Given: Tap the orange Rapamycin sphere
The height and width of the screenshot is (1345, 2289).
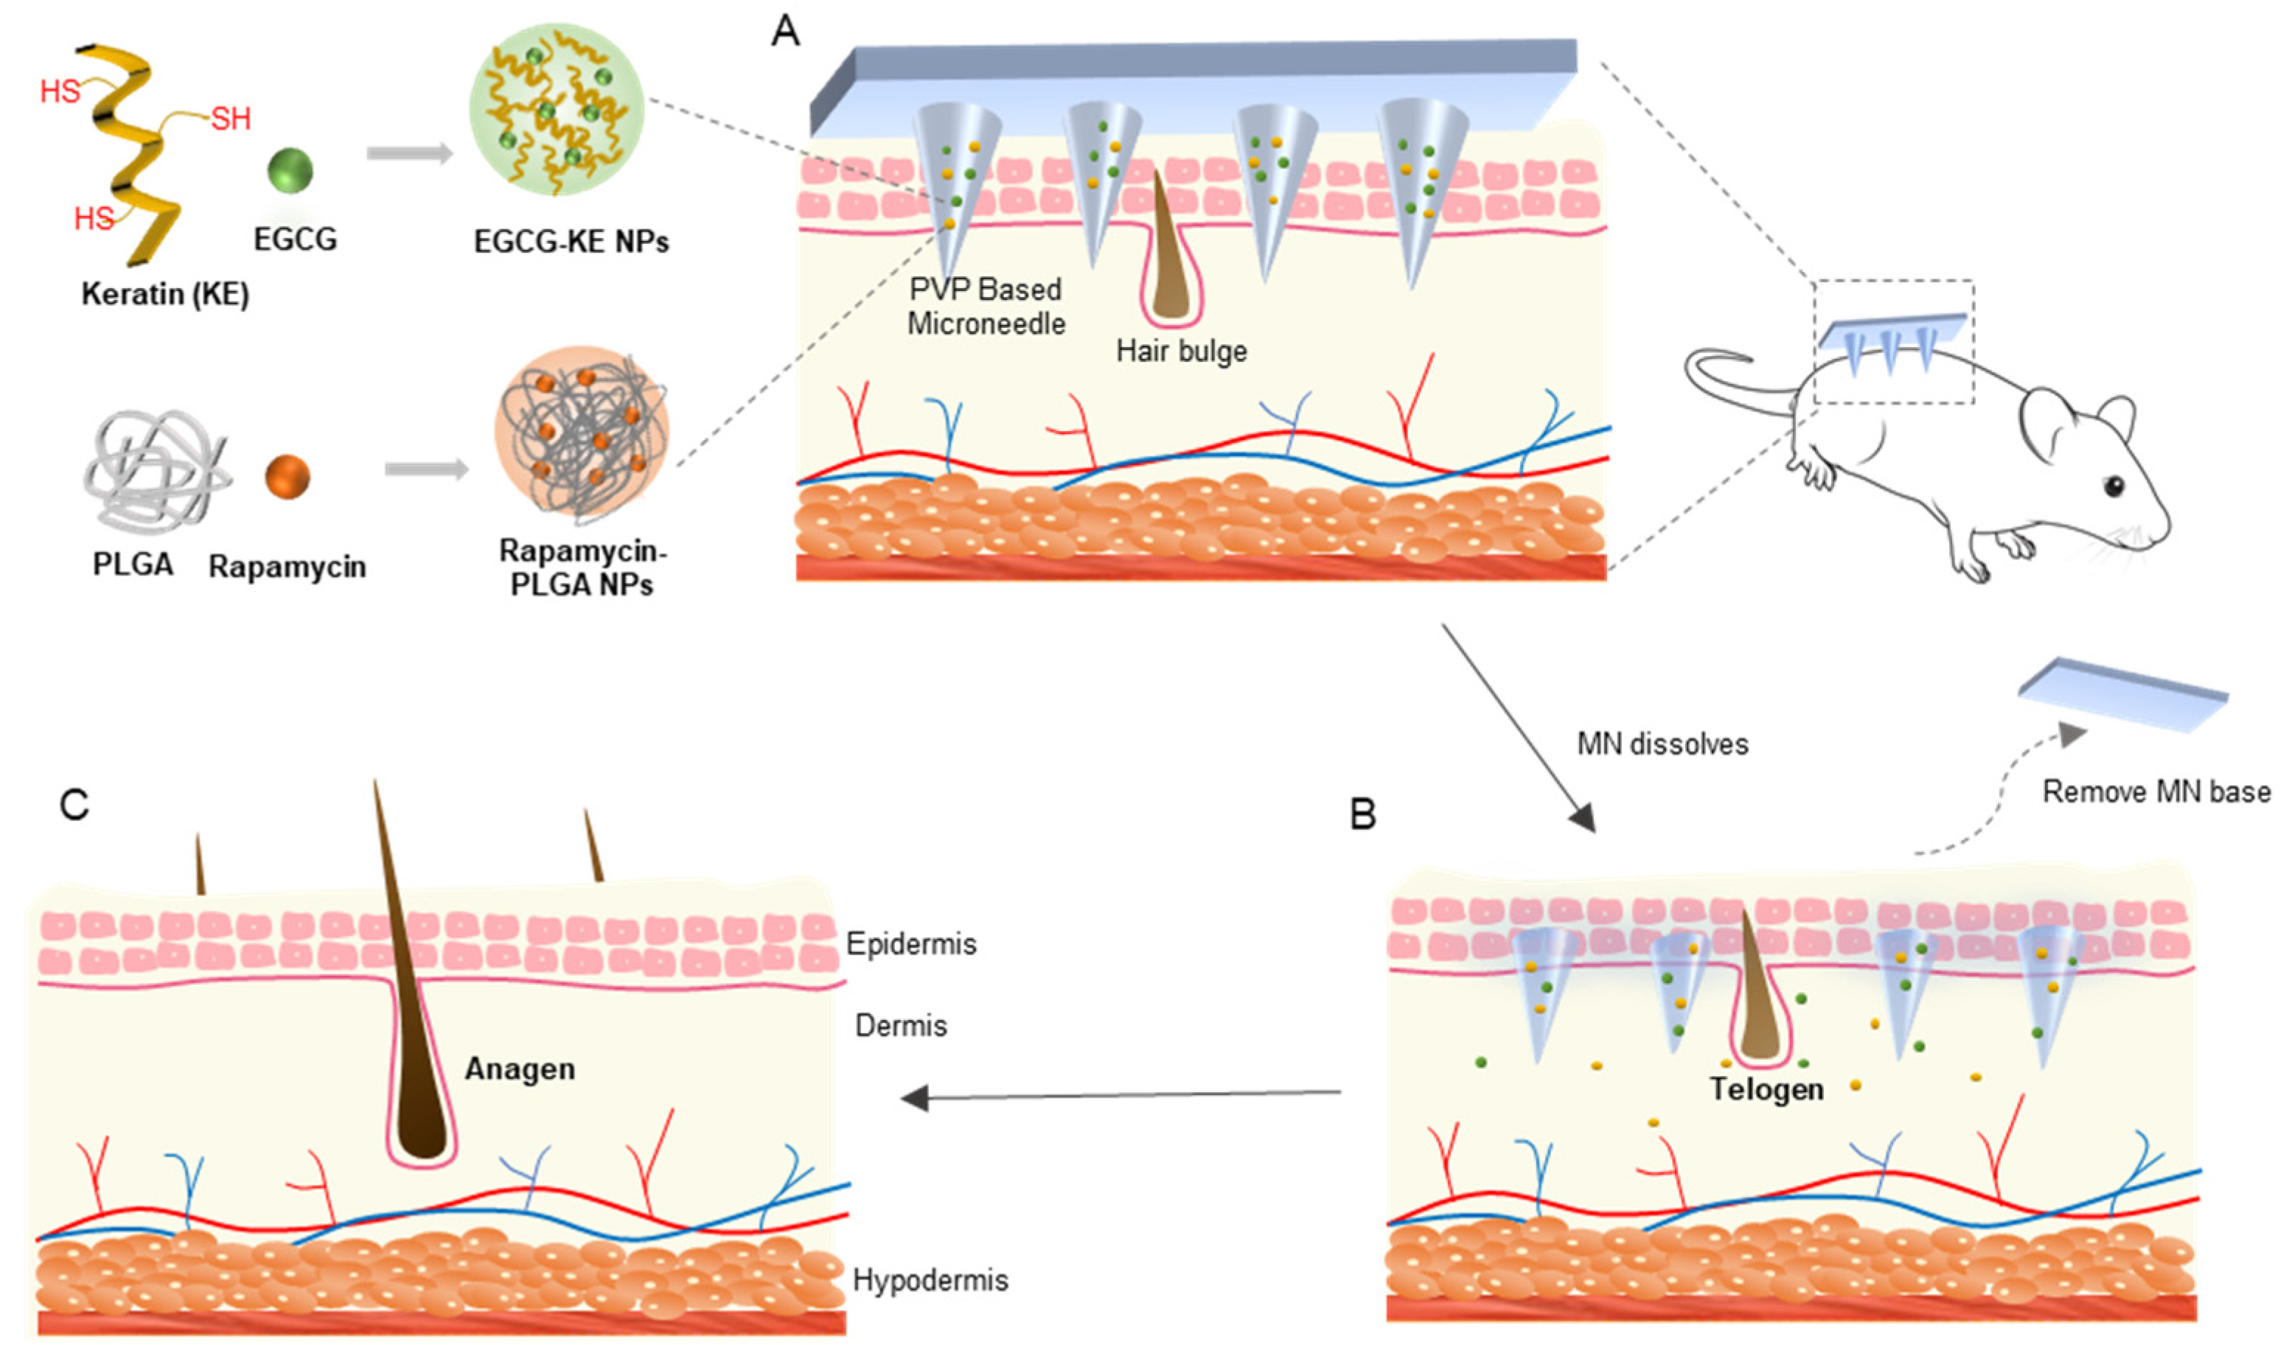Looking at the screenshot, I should click(287, 476).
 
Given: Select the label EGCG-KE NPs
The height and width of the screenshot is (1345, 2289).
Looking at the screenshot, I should click(571, 242).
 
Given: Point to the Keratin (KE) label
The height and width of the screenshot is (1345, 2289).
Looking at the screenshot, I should click(165, 294).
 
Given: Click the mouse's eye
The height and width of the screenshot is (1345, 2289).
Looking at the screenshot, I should click(2114, 486).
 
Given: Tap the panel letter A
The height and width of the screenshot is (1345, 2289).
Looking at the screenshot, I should click(785, 32).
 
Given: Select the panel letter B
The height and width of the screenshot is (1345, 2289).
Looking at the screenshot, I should click(1362, 814).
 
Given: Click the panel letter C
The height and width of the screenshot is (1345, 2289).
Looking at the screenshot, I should click(74, 805).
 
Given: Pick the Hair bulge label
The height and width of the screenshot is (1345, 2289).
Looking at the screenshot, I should click(1181, 352).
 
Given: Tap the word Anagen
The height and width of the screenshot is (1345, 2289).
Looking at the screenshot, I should click(520, 1069).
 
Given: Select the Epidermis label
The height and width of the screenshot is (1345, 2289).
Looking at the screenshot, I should click(911, 945).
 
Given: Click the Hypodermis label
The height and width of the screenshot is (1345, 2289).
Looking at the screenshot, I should click(930, 1281).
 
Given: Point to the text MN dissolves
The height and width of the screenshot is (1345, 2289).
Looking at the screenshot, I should click(1662, 744).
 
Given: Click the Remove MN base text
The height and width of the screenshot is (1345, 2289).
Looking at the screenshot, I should click(2156, 792).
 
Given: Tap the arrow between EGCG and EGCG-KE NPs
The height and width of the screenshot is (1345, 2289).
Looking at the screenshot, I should click(410, 153).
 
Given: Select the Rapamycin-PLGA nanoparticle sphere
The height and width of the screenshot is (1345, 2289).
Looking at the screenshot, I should click(582, 433).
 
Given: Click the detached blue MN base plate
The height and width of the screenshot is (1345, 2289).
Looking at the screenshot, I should click(2123, 695).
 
